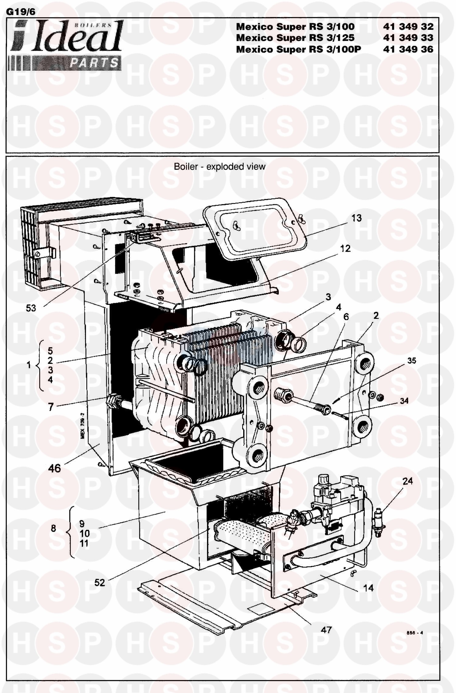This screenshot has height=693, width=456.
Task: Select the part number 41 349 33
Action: [x=408, y=38]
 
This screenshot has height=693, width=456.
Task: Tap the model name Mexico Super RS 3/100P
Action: [x=299, y=49]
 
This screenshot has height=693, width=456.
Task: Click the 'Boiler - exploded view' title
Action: [x=219, y=167]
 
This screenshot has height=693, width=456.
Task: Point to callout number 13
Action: [x=357, y=218]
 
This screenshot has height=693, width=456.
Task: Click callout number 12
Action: [x=345, y=249]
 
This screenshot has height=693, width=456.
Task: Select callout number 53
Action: [x=31, y=308]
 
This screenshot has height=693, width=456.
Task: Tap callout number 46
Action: [x=54, y=468]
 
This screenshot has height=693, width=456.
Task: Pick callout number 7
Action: [x=51, y=407]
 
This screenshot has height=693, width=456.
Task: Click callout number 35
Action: [x=412, y=360]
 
